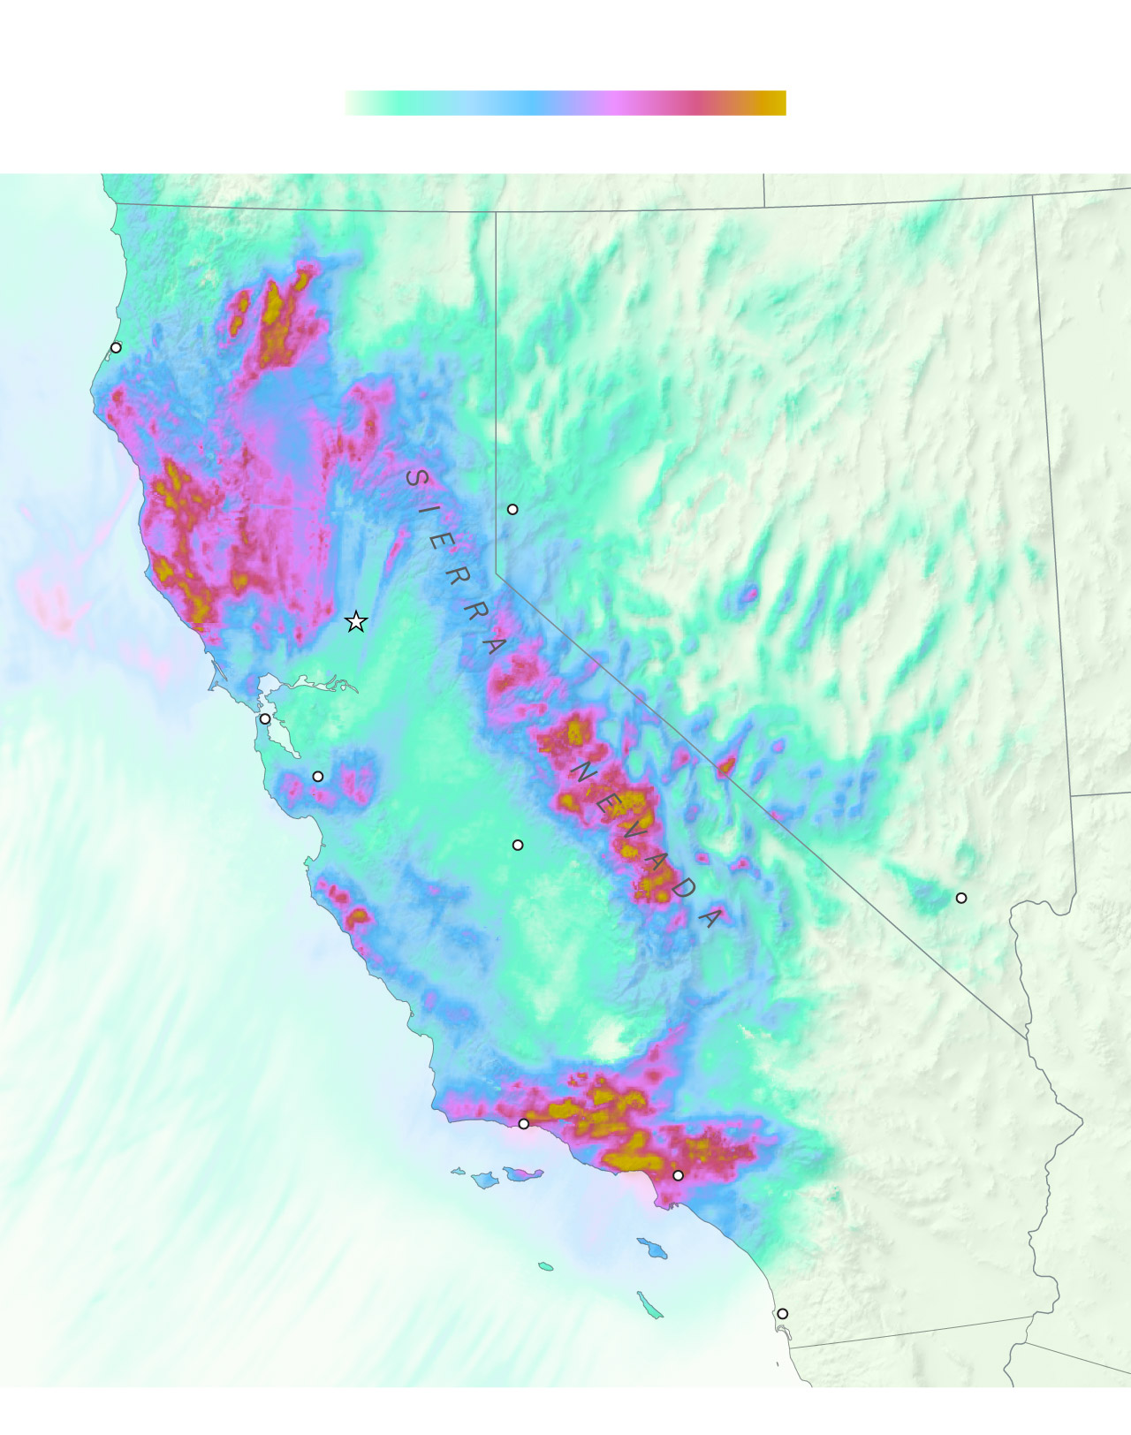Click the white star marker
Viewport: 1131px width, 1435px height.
tap(355, 622)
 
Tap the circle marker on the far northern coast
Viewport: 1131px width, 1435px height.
tap(116, 347)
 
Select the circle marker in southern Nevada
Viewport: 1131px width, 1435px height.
tap(961, 898)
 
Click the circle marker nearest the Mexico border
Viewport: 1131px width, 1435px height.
tap(782, 1314)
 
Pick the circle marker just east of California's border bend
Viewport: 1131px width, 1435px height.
tap(512, 509)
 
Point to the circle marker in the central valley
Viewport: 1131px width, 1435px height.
tap(518, 845)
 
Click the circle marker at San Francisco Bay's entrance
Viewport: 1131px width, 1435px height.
tap(265, 719)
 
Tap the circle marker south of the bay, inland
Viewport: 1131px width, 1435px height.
tap(318, 776)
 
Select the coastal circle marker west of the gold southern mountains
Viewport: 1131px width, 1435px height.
tap(523, 1124)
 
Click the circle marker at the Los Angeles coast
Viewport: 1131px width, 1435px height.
tap(678, 1175)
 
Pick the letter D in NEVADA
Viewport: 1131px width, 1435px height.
tap(683, 888)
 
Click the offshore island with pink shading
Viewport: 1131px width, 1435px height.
tap(523, 1173)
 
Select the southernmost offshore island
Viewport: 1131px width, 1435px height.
tap(650, 1305)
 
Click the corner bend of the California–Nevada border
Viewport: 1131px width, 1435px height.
tap(497, 574)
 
